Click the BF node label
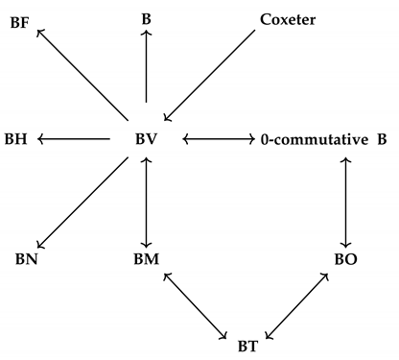(x=19, y=20)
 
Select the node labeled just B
(x=146, y=17)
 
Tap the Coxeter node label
(x=289, y=18)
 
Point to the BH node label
(x=15, y=140)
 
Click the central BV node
(x=146, y=140)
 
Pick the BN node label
(x=26, y=259)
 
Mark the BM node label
(x=147, y=259)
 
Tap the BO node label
(x=345, y=259)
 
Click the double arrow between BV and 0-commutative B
(x=217, y=140)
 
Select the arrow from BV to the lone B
(x=146, y=65)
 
